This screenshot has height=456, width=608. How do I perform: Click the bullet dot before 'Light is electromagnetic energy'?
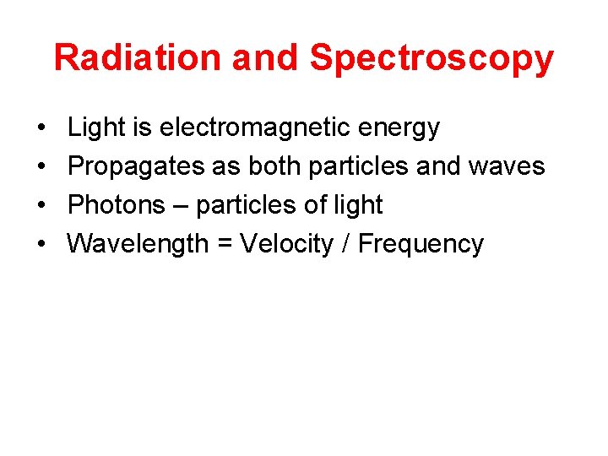point(41,128)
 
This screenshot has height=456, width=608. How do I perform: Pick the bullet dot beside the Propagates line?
point(41,167)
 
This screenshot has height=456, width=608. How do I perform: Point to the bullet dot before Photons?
point(41,205)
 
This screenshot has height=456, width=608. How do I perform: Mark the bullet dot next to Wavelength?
point(41,244)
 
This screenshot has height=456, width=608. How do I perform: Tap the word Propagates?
point(136,167)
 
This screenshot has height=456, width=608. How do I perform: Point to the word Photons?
point(117,205)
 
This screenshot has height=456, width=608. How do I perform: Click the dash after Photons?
point(180,206)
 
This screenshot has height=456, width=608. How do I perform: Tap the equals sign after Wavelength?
point(224,245)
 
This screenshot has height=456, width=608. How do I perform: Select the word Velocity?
point(287,244)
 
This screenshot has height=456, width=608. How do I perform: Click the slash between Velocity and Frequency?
point(346,244)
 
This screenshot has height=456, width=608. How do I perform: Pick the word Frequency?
point(421,245)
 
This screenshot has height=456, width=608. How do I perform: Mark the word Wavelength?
point(138,244)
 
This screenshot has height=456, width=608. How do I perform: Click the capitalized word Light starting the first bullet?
point(93,128)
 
